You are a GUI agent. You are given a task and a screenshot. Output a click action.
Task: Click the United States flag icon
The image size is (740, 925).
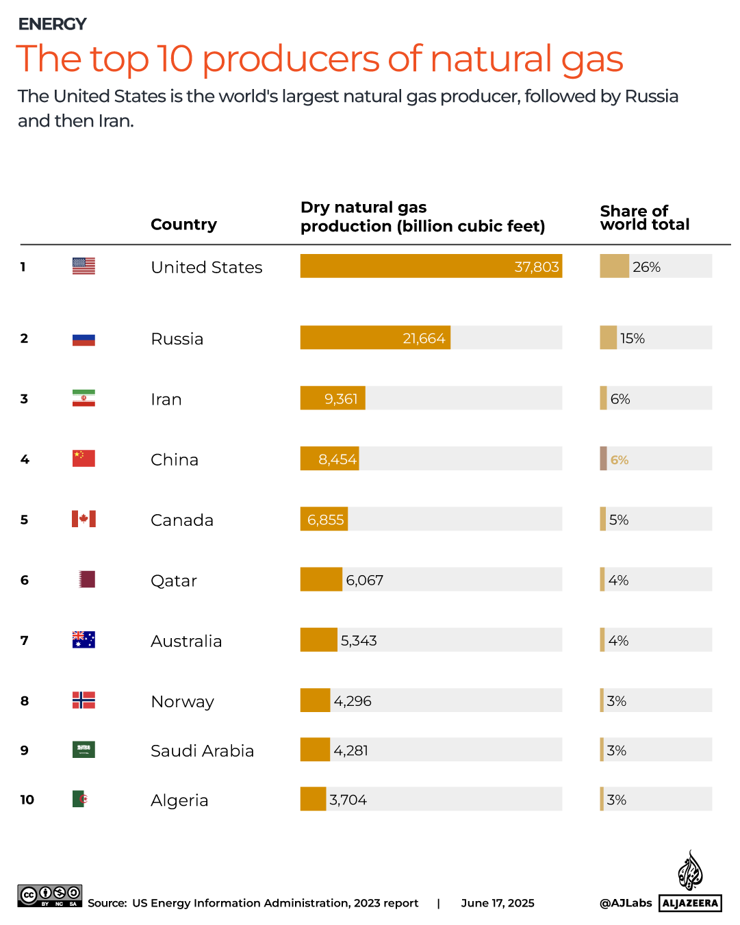point(84,266)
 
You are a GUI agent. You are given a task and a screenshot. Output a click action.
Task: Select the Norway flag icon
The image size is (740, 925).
point(84,700)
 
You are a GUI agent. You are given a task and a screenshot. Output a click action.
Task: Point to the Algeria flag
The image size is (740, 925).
point(80,799)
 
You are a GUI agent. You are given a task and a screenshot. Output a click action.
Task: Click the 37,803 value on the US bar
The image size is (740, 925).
point(537,267)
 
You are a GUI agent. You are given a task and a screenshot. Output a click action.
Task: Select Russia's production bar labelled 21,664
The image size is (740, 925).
point(375,338)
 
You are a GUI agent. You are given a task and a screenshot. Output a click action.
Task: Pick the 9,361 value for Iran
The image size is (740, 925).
point(341,399)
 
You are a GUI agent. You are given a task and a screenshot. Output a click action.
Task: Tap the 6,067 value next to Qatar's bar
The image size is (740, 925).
point(364,581)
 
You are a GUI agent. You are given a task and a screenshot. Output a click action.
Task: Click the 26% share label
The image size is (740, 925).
point(646,267)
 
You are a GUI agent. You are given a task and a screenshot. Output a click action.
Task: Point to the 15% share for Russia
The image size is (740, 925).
point(632,338)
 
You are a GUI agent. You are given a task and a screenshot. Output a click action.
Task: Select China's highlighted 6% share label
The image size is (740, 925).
point(620,460)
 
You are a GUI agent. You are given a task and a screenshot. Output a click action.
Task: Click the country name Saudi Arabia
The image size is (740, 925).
point(202,751)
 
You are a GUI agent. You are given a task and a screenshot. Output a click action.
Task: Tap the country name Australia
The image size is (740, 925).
point(186,642)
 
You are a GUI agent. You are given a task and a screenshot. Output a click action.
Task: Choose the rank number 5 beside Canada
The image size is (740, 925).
point(25,520)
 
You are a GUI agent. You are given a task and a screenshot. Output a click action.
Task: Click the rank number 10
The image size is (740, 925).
point(27,800)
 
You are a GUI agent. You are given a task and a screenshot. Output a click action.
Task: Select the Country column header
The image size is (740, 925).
point(183,225)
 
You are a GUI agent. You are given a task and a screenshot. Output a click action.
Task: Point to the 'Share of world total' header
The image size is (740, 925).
point(644,218)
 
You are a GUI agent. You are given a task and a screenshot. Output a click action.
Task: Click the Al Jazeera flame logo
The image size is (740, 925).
point(690,871)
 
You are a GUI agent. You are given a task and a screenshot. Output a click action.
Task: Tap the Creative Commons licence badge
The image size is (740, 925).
point(50,896)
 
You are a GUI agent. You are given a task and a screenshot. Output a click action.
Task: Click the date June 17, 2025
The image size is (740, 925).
point(498,903)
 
